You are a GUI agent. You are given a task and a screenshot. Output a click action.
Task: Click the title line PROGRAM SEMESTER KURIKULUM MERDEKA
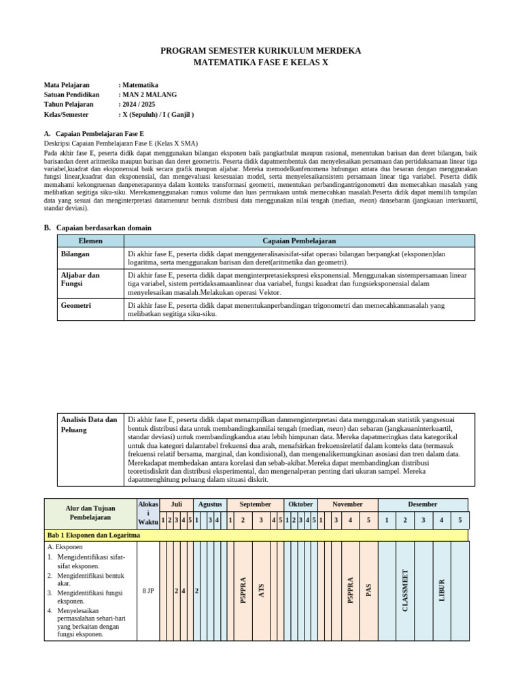260,51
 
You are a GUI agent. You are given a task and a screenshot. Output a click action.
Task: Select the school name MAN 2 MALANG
150,94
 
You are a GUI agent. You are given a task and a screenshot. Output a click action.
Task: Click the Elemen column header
90,241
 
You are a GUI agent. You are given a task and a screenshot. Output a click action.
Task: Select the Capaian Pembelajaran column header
299,241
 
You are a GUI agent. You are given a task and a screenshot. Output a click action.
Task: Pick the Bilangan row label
75,254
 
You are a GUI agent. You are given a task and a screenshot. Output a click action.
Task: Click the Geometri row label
76,306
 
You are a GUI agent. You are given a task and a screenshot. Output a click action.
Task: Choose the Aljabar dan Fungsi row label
80,279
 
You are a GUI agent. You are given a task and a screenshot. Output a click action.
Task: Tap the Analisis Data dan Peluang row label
88,424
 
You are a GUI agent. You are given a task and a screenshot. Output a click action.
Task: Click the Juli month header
176,504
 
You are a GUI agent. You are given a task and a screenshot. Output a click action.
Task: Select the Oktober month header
300,504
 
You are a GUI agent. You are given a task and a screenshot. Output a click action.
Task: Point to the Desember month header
423,504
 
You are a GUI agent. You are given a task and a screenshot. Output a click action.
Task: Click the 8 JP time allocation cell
148,591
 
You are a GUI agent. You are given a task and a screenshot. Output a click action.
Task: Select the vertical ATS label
261,590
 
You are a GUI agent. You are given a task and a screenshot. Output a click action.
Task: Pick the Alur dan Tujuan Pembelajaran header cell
90,512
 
